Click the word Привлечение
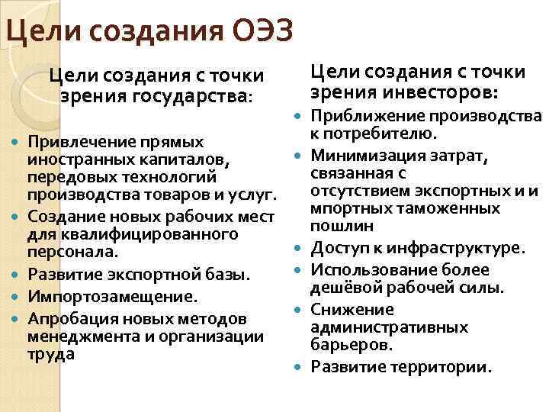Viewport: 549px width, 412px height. pyautogui.click(x=77, y=142)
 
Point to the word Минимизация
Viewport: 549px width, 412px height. pyautogui.click(x=361, y=156)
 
